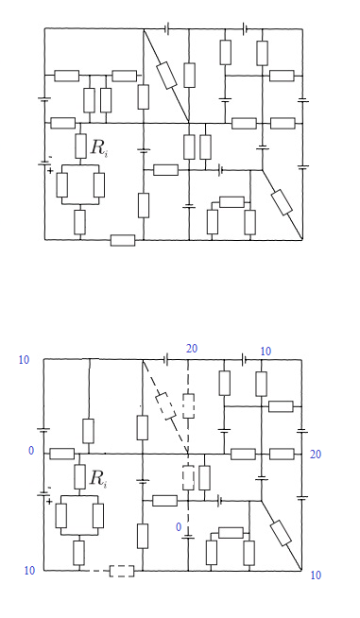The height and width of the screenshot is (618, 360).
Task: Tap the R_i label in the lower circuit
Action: tap(97, 478)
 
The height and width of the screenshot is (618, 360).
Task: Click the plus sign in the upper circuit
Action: tap(50, 171)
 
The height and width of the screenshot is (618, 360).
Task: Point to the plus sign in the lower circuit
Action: tap(49, 502)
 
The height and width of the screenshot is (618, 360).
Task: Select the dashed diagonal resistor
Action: tap(165, 405)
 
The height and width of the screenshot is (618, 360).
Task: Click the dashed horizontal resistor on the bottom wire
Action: tap(122, 571)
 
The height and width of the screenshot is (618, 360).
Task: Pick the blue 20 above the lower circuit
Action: tap(191, 349)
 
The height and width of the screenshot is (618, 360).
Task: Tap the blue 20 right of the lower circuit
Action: tap(316, 455)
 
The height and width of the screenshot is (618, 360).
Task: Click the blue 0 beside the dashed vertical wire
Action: tap(179, 527)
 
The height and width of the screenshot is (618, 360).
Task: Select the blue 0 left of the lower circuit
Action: tap(31, 451)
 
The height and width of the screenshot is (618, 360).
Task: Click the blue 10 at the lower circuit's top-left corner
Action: tap(24, 360)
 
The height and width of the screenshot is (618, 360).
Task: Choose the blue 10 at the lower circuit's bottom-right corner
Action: tap(316, 575)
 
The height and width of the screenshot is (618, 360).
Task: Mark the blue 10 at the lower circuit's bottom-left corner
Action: tap(29, 571)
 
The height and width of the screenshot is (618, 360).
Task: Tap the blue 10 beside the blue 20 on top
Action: tap(266, 352)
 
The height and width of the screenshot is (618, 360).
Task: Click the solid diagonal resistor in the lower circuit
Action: tap(282, 533)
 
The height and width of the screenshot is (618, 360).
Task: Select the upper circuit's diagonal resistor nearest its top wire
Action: tap(166, 76)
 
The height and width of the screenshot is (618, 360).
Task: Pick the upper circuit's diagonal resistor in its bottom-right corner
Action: tap(282, 202)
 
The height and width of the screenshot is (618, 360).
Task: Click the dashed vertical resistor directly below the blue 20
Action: tap(188, 405)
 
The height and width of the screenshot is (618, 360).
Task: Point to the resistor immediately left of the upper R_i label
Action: tap(81, 146)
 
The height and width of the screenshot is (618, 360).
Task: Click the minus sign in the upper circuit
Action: tap(50, 157)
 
